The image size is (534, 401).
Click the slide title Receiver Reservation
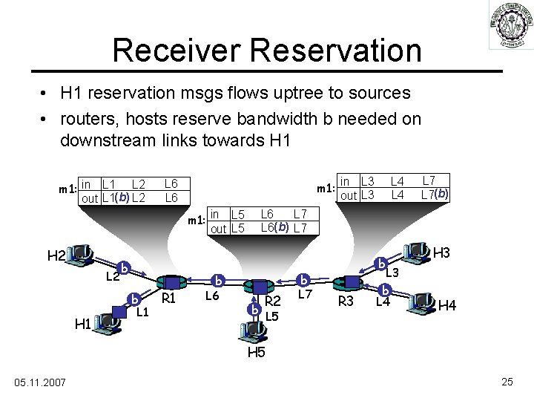click(267, 50)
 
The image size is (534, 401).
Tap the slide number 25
click(507, 382)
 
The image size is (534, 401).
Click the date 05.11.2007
click(39, 382)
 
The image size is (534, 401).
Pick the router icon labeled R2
click(260, 287)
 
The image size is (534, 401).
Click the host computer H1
click(107, 320)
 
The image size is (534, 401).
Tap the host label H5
click(255, 352)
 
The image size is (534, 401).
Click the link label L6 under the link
click(212, 296)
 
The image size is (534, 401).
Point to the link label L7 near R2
click(306, 296)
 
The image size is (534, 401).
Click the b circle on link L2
click(125, 267)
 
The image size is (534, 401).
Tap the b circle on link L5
click(254, 308)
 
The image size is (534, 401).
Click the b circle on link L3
click(381, 263)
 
